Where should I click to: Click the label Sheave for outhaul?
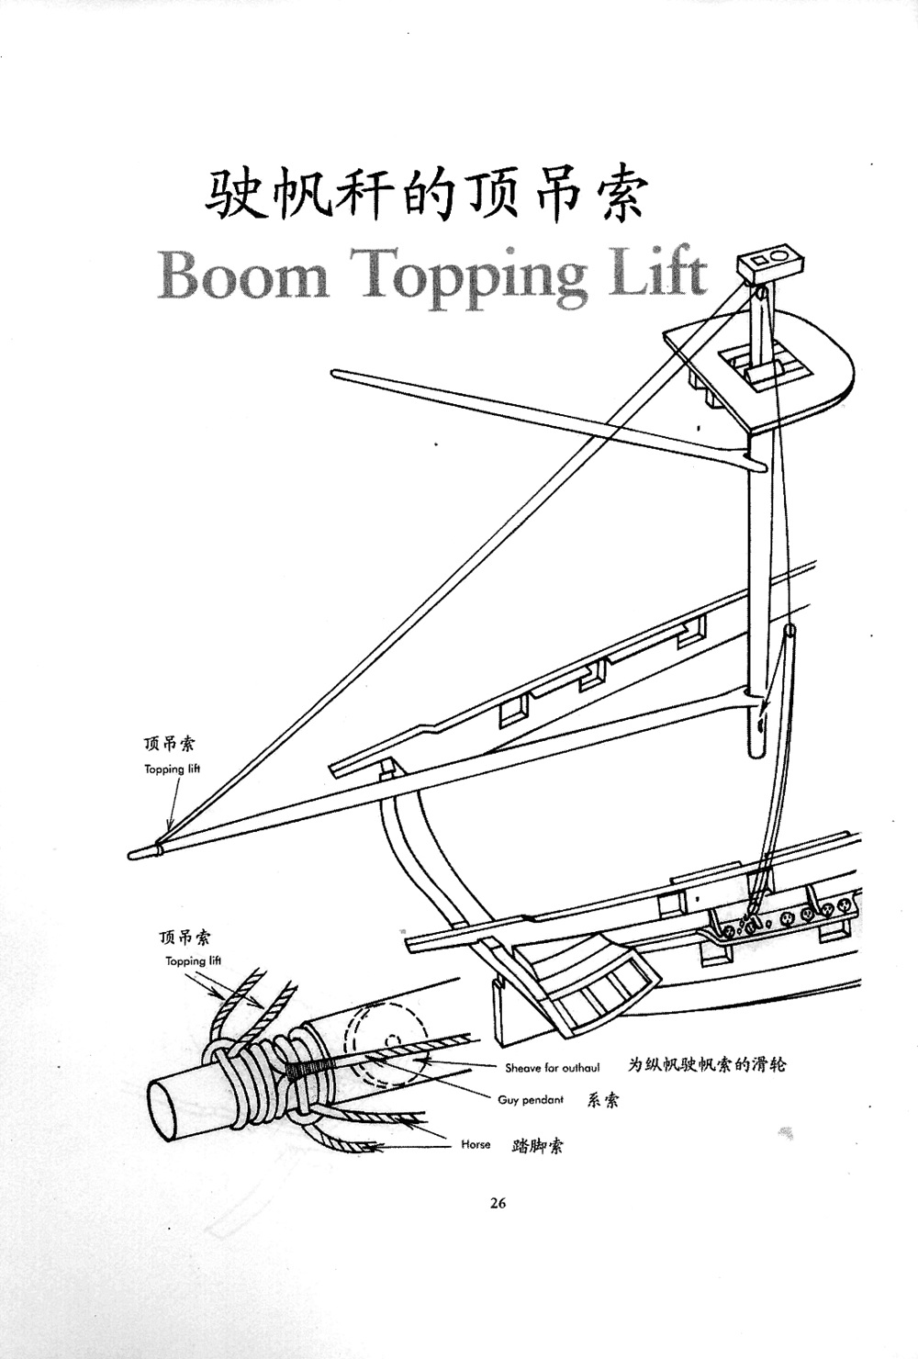coord(552,1068)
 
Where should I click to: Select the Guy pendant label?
coord(531,1100)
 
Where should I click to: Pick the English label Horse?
coord(476,1145)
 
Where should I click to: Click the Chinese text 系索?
coord(603,1100)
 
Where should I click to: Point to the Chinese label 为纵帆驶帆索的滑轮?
coord(707,1066)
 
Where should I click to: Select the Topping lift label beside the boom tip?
coord(172,769)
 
